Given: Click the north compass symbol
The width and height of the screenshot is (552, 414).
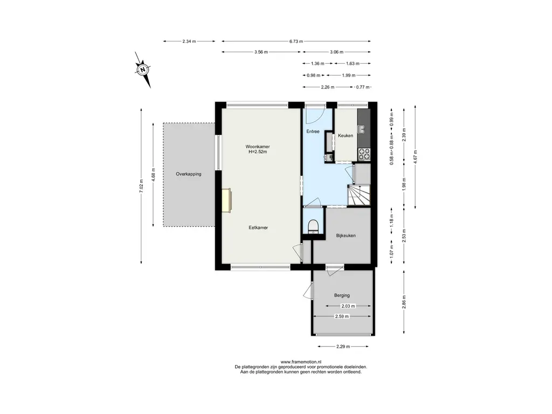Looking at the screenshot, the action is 142,70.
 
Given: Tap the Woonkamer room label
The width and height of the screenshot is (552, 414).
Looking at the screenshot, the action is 258,147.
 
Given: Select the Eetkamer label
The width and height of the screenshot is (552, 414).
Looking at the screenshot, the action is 258,228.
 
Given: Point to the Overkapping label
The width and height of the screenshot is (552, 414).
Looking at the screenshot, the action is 189,174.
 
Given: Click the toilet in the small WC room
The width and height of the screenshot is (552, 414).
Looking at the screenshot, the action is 313,226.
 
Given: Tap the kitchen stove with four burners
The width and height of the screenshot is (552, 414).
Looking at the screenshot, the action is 364,154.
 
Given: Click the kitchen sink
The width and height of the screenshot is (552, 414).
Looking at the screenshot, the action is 361,129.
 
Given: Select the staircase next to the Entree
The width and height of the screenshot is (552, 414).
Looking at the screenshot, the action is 359,195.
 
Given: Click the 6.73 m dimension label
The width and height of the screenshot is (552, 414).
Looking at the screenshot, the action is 296,41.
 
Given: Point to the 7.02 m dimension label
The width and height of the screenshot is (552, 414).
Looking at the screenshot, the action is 141,186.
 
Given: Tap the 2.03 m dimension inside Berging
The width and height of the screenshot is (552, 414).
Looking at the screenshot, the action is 348,306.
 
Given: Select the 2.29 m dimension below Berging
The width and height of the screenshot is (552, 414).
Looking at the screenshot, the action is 343,347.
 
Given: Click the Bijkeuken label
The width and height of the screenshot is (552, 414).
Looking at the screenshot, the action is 346,236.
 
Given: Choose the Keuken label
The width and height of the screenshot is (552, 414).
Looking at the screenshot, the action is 346,135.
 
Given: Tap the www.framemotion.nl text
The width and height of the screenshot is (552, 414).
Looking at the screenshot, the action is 301,362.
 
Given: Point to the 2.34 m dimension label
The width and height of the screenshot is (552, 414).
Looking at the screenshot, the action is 189,41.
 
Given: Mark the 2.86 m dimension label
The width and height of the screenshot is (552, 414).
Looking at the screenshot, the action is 404,302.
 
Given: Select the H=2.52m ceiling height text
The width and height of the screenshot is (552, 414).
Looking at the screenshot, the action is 258,151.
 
